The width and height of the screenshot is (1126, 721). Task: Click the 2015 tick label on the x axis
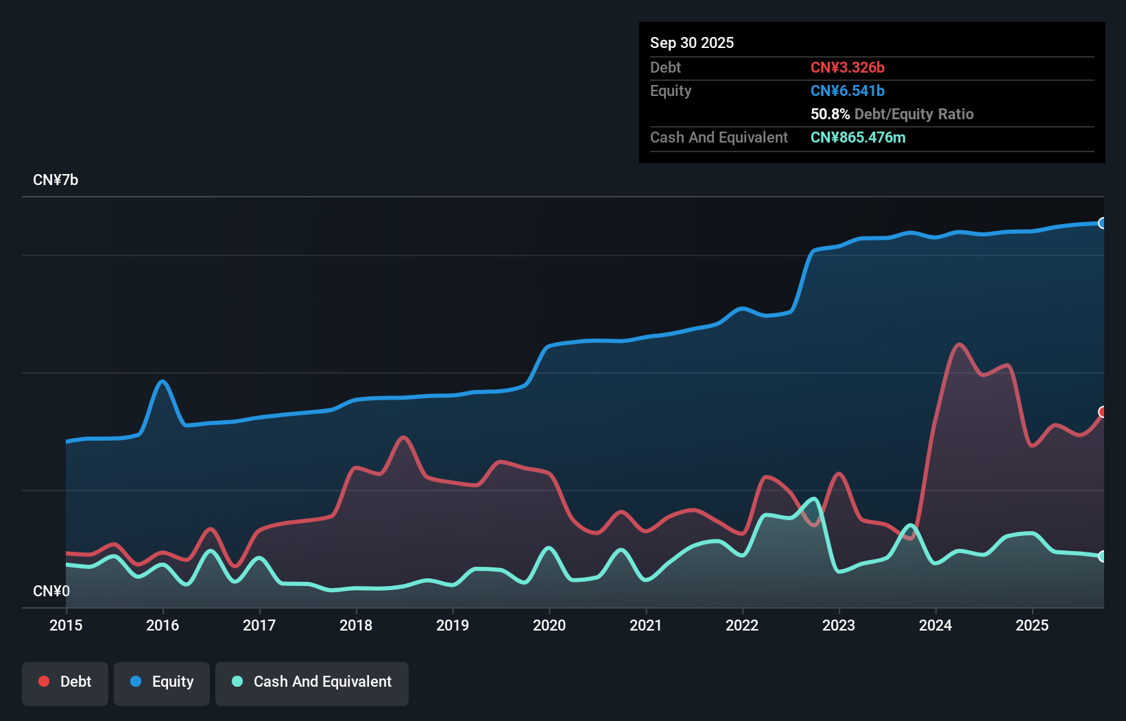pos(66,625)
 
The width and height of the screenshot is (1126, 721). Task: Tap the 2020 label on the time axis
pos(549,625)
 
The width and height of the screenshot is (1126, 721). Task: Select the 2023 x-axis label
pos(839,625)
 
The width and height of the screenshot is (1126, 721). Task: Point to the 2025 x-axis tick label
pos(1032,625)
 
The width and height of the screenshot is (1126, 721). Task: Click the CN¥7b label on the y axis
pos(56,180)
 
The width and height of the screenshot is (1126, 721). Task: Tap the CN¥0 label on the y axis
pos(51,591)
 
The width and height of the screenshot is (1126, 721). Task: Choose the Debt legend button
pos(65,682)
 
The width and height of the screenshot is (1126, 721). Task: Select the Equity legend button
pos(162,682)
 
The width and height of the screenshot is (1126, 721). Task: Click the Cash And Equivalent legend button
pos(312,682)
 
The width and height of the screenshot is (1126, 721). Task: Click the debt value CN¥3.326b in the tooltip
pos(848,68)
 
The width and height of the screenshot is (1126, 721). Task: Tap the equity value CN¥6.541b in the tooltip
pos(848,91)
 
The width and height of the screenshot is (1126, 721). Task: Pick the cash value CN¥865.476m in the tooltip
pos(858,138)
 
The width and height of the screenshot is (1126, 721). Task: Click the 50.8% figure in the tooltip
pos(830,114)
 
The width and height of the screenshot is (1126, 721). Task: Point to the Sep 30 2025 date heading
pos(692,43)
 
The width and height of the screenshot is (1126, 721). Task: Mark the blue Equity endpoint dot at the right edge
pos(1103,223)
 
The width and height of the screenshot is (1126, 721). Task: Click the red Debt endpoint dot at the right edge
pos(1103,412)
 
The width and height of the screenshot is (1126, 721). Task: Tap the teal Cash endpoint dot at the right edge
pos(1103,557)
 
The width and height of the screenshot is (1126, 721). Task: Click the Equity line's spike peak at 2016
pos(163,382)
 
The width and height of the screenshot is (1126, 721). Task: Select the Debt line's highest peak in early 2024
pos(959,345)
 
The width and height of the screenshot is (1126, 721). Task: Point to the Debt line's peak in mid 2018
pos(404,437)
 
